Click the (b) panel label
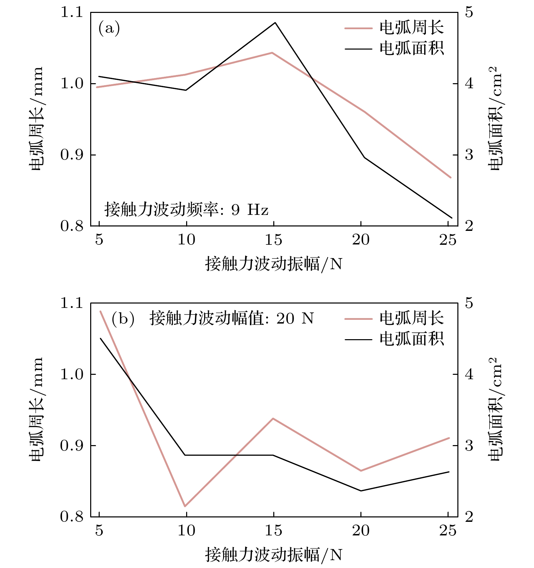pos(123,319)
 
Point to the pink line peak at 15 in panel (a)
pos(272,53)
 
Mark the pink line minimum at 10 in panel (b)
pos(185,506)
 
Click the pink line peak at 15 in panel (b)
pos(273,418)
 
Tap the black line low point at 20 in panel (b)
pos(360,491)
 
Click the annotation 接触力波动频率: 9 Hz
pos(186,209)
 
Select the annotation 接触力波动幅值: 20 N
pos(232,318)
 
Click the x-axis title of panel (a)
pos(273,264)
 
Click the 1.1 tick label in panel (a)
pos(72,12)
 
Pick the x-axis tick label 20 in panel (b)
pos(360,531)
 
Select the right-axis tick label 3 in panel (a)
pos(469,155)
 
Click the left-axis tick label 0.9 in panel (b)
pos(72,445)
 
